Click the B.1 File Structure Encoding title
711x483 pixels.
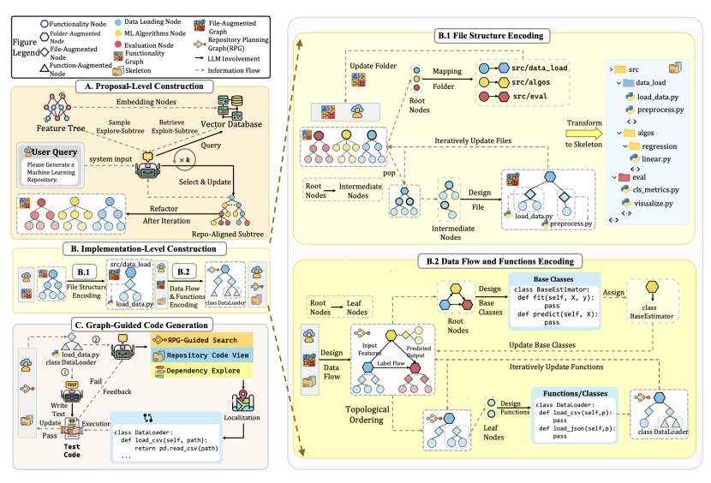click(500, 36)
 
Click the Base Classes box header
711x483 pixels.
click(549, 278)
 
